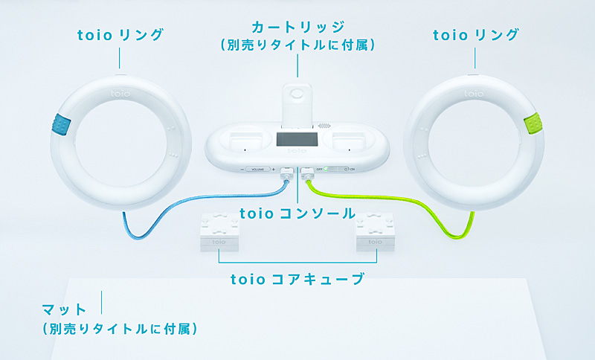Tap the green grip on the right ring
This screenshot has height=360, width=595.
tap(534, 124)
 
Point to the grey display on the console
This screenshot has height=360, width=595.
tap(297, 139)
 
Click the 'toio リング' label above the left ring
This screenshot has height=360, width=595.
tap(120, 34)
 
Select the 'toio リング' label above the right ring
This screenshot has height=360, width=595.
tap(475, 34)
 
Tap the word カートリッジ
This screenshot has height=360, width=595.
tap(297, 28)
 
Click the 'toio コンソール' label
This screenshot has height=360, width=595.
tap(297, 213)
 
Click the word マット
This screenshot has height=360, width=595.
tap(65, 308)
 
